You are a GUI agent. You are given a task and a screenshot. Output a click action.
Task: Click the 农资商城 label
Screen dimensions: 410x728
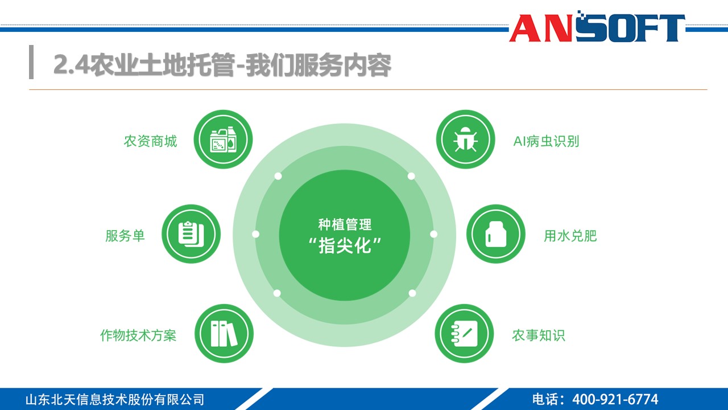(150, 141)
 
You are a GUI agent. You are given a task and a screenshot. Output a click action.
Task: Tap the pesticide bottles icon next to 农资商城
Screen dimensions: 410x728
(223, 140)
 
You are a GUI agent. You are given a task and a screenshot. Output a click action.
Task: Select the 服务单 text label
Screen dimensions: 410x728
(125, 236)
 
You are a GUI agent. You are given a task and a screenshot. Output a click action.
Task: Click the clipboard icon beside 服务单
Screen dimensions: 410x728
(191, 234)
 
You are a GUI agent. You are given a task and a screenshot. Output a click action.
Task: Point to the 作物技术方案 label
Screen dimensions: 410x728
(138, 335)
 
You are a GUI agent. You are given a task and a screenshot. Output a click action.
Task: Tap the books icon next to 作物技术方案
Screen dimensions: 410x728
(224, 334)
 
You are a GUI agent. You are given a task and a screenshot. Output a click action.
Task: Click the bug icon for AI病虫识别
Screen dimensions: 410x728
(465, 140)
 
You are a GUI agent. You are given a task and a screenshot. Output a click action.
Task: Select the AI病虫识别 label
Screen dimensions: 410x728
(546, 141)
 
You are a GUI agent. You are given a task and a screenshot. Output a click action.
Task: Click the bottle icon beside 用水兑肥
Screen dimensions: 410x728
(495, 234)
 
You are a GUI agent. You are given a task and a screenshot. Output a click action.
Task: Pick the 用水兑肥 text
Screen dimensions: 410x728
(570, 236)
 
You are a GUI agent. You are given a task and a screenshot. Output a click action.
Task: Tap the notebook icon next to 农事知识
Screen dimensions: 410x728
(465, 334)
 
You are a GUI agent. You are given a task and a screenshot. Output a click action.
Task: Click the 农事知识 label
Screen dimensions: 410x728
(538, 335)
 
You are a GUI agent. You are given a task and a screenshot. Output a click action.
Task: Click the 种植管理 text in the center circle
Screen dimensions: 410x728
(345, 225)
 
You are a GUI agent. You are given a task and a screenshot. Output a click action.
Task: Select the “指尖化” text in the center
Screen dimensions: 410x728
(345, 247)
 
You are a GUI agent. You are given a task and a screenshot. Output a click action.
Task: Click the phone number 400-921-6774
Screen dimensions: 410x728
(615, 399)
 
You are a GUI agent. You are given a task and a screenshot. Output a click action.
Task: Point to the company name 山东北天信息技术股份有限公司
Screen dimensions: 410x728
(114, 399)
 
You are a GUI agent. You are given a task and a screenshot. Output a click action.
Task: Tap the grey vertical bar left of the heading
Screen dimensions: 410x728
(31, 62)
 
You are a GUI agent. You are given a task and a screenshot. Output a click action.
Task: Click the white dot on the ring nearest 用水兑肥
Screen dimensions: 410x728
(433, 234)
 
